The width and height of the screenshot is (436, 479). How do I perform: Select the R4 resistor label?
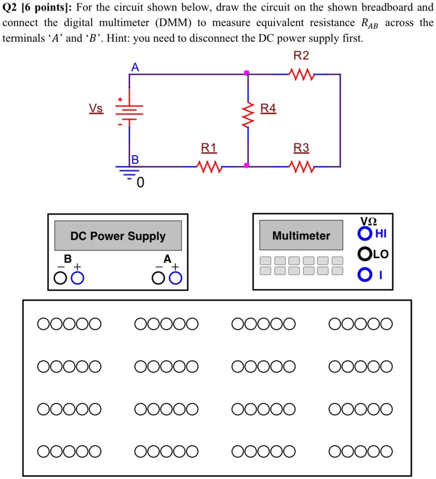click(x=268, y=108)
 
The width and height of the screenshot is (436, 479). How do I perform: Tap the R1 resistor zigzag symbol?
click(x=208, y=166)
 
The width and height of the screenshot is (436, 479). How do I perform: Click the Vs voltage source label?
click(x=96, y=108)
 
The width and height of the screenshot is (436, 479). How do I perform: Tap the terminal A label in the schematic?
click(x=134, y=67)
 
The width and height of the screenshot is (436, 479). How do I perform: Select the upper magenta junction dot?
click(x=247, y=74)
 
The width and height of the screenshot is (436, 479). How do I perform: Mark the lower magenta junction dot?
click(x=247, y=165)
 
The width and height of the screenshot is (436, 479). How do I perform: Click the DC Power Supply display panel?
click(x=118, y=236)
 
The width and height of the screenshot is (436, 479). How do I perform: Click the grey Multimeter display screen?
click(x=301, y=235)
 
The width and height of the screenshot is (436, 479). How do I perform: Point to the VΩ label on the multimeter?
click(x=369, y=221)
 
